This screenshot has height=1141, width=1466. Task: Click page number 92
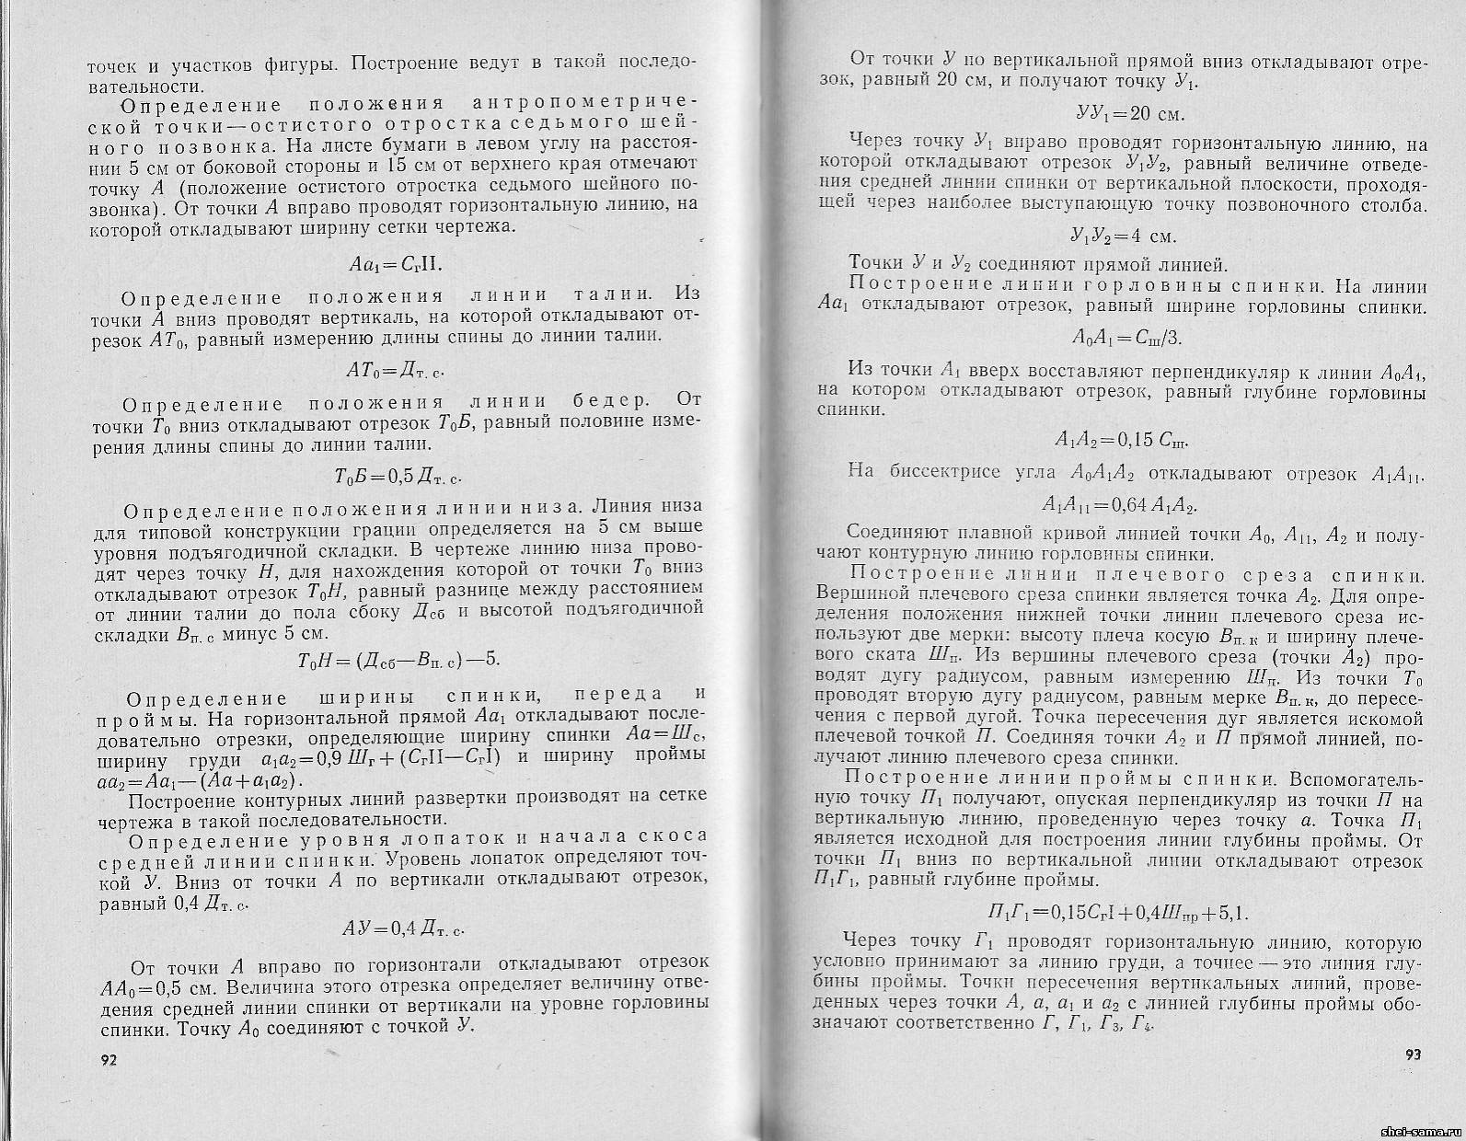click(x=108, y=1061)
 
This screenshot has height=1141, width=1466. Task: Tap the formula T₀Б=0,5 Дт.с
click(x=397, y=476)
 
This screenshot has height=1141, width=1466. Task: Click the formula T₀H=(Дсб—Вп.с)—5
click(x=398, y=660)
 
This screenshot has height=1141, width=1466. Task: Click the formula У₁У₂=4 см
click(x=1123, y=236)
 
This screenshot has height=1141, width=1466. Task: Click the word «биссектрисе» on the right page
click(x=942, y=473)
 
